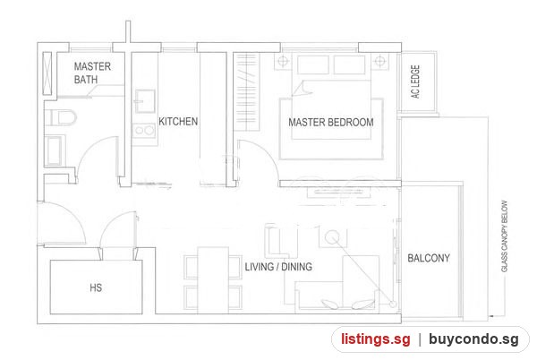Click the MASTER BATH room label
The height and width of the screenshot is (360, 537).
pyautogui.click(x=92, y=73)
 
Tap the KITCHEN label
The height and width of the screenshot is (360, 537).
pyautogui.click(x=178, y=121)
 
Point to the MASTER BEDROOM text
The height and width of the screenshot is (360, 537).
pyautogui.click(x=331, y=123)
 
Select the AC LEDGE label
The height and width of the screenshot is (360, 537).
pyautogui.click(x=415, y=81)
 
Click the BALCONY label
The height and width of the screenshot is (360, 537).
pyautogui.click(x=429, y=258)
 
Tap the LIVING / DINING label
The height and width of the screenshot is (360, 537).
pyautogui.click(x=278, y=267)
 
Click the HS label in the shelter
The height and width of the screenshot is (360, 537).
pyautogui.click(x=96, y=287)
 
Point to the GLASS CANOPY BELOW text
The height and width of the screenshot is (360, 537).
pyautogui.click(x=504, y=236)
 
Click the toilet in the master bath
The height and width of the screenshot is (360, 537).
pyautogui.click(x=60, y=117)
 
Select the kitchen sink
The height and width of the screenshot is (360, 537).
pyautogui.click(x=145, y=101)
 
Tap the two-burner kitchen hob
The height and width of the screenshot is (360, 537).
pyautogui.click(x=144, y=130)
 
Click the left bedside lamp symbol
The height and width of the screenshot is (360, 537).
pyautogui.click(x=283, y=61)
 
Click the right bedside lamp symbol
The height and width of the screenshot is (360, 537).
pyautogui.click(x=379, y=61)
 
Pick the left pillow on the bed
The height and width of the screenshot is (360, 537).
pyautogui.click(x=313, y=64)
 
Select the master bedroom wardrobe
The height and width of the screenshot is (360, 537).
pyautogui.click(x=247, y=92)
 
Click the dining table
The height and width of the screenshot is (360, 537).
pyautogui.click(x=213, y=279)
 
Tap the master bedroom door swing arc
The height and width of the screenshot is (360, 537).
pyautogui.click(x=267, y=154)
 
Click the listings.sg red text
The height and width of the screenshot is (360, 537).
pyautogui.click(x=376, y=339)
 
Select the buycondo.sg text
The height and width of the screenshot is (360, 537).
pyautogui.click(x=473, y=339)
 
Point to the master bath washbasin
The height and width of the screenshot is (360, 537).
pyautogui.click(x=55, y=150)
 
